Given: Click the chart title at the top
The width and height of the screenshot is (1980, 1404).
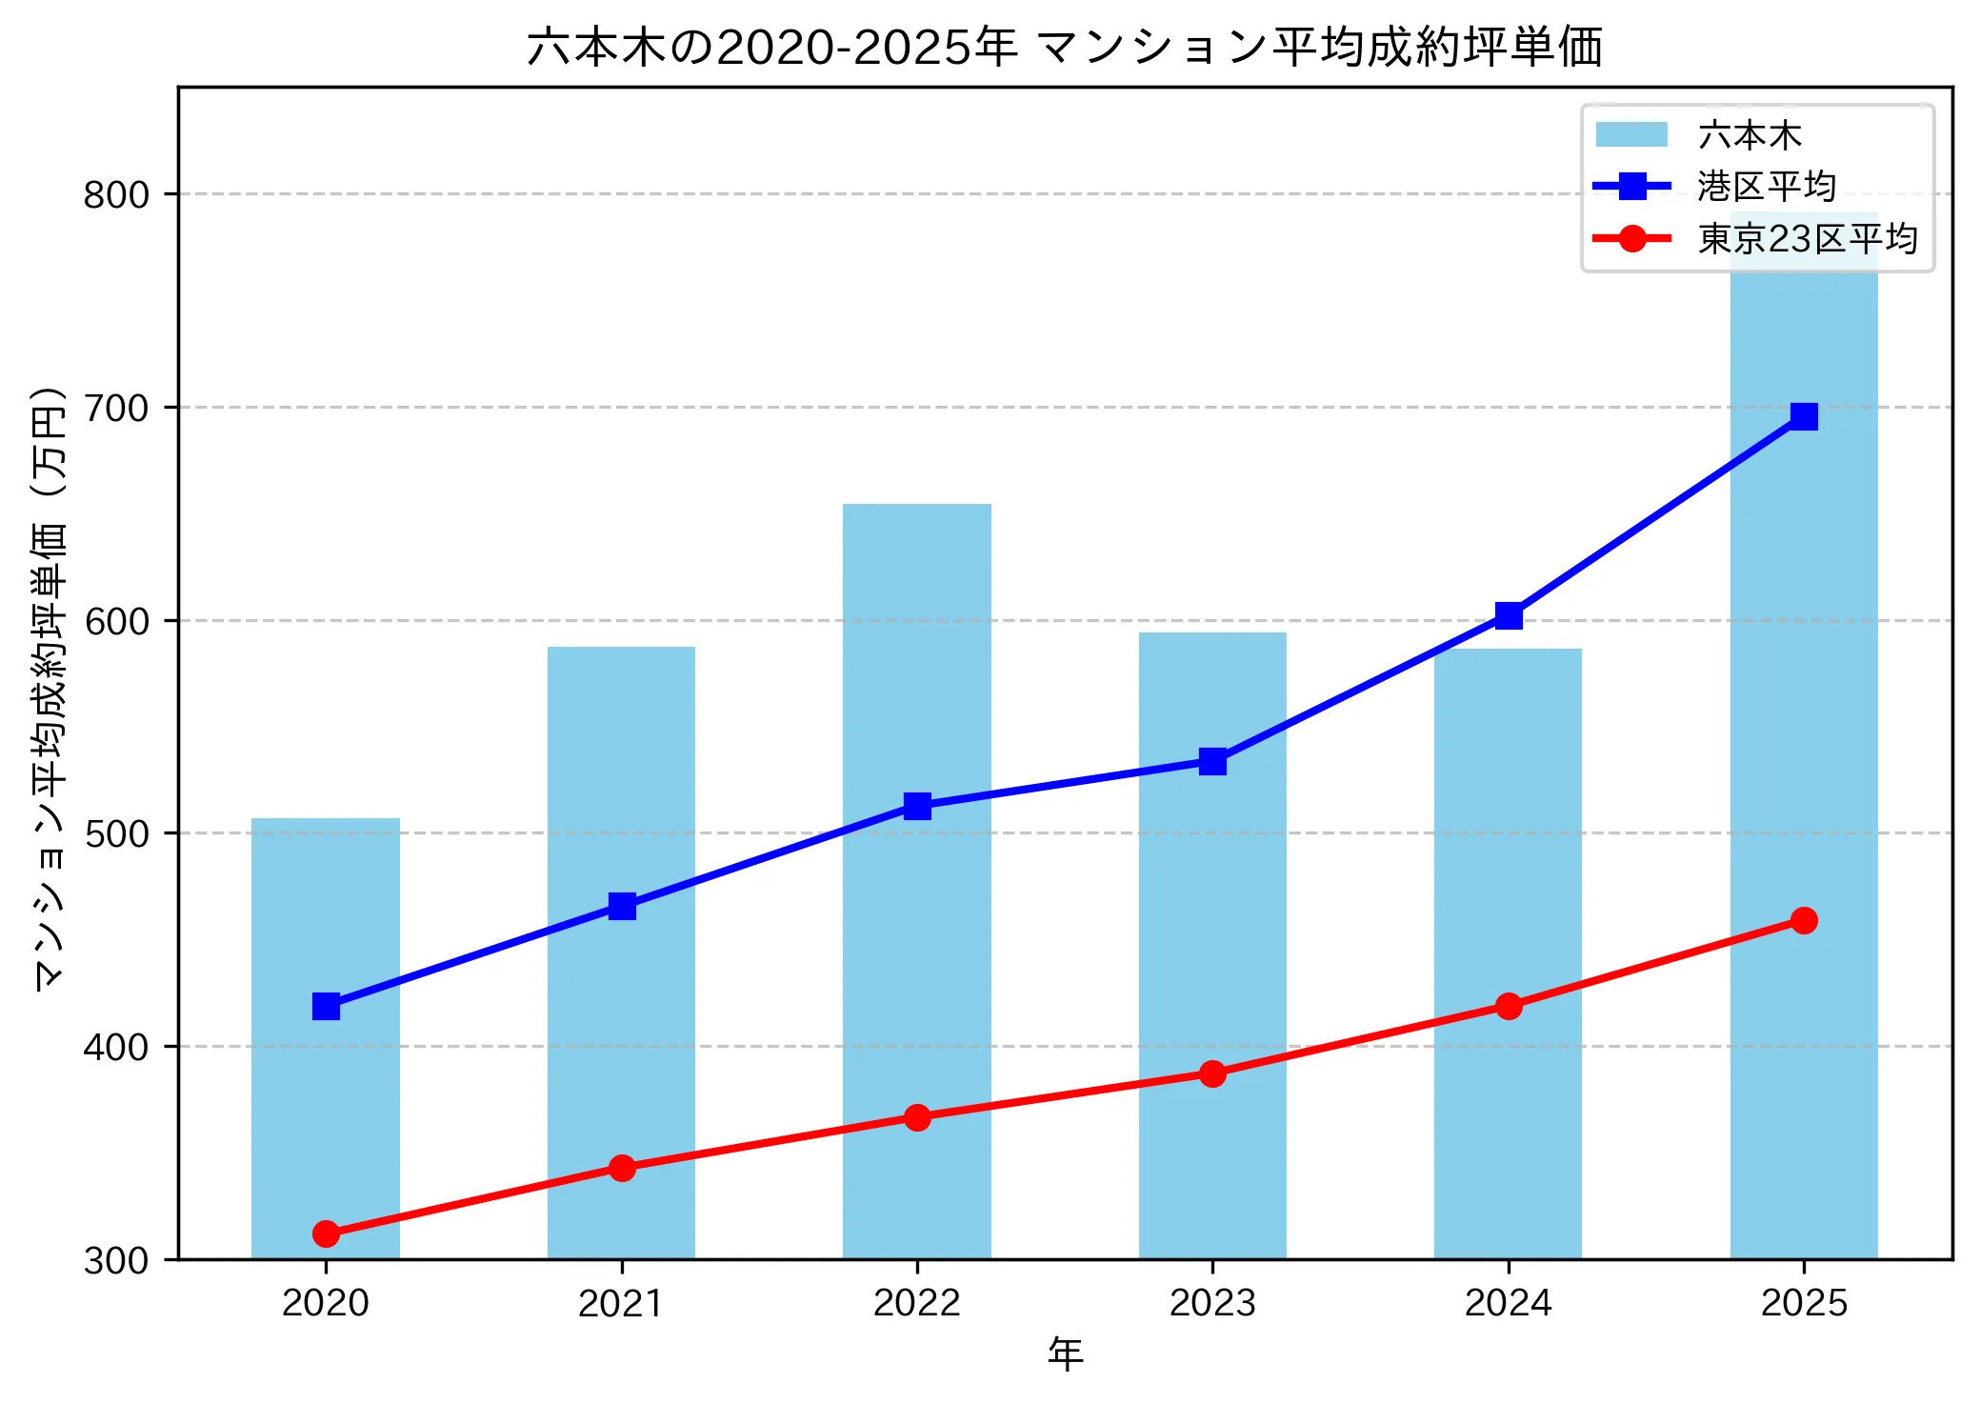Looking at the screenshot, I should (x=1065, y=47).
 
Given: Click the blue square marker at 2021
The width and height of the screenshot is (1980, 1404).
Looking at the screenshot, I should (x=622, y=906).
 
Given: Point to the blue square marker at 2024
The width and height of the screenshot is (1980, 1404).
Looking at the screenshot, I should (x=1509, y=616).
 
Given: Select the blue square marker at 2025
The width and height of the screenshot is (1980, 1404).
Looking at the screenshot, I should (x=1804, y=416).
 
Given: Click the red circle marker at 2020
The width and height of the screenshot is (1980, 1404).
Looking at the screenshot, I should (x=326, y=1234).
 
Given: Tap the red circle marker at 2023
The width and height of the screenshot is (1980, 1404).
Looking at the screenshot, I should (x=1212, y=1073).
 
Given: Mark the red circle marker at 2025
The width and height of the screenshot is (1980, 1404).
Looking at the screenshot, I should (x=1804, y=920).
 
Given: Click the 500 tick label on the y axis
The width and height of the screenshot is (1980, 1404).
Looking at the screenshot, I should (x=116, y=834).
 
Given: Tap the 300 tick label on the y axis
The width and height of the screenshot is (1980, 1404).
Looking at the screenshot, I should (x=116, y=1261).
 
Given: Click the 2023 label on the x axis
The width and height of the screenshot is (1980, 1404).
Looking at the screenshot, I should (x=1212, y=1303).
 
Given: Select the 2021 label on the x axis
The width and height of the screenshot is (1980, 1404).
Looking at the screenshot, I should (x=621, y=1303).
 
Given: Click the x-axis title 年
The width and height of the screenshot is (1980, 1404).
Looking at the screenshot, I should (x=1065, y=1354).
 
